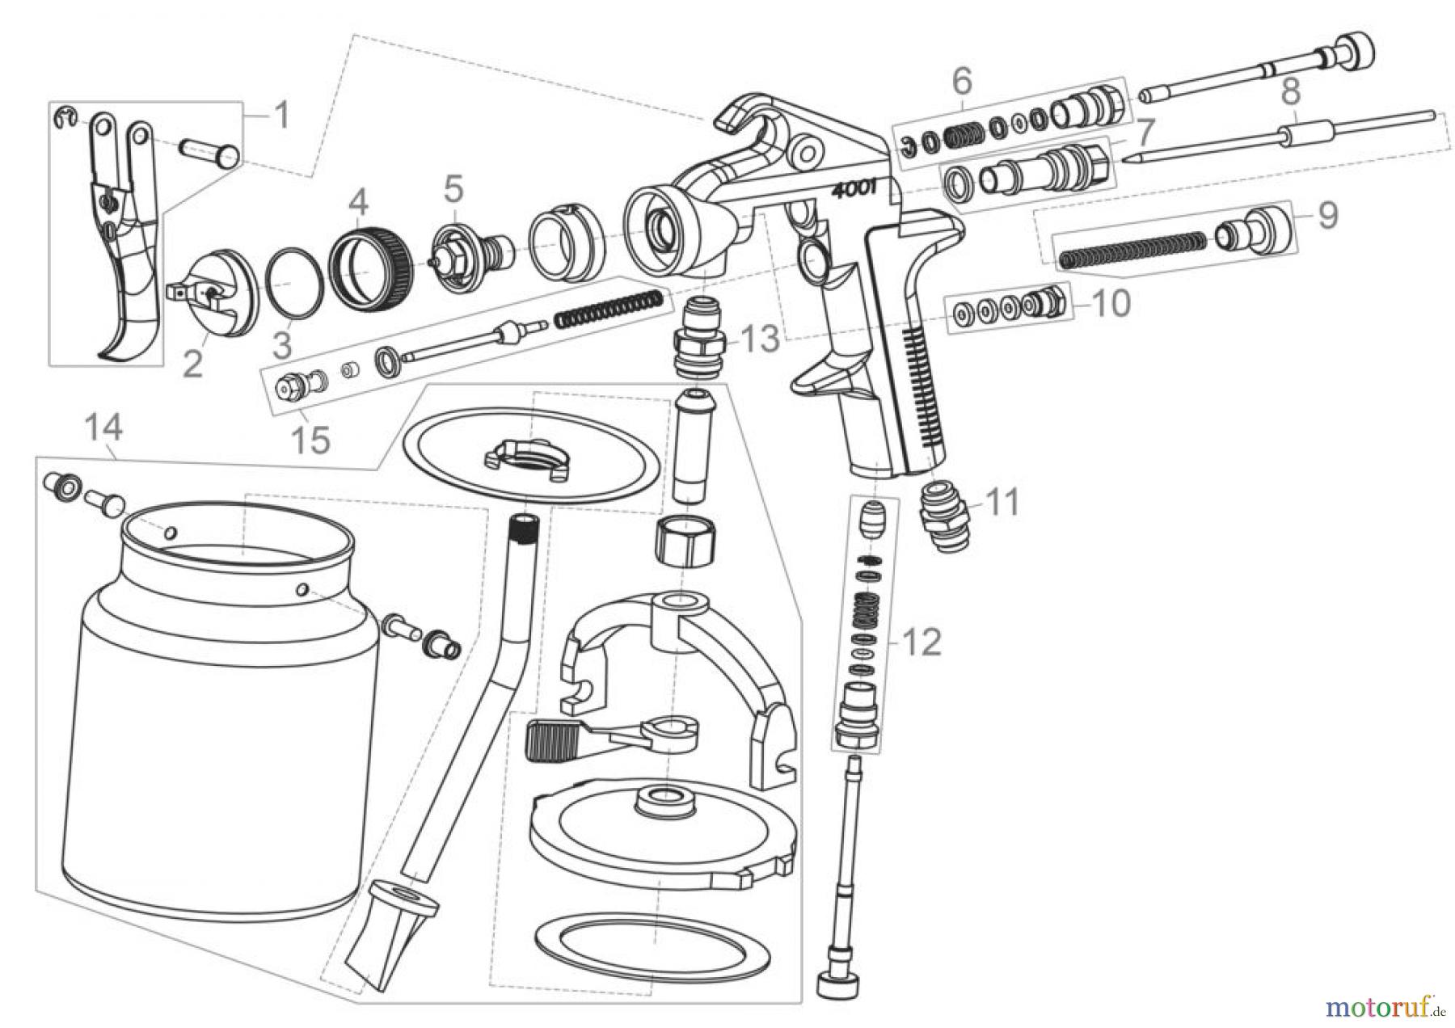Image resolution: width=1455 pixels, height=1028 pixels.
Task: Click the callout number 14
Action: click(104, 428)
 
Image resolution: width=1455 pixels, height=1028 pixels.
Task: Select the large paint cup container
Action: click(218, 752)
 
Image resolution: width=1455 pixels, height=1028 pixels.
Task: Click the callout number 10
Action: click(1111, 304)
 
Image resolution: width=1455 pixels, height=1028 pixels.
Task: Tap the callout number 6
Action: click(961, 81)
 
